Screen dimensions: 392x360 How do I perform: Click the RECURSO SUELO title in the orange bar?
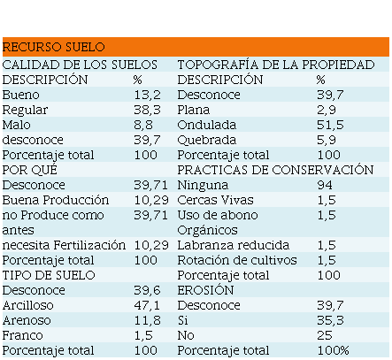click(54, 47)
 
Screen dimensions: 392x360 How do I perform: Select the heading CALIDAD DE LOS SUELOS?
click(80, 65)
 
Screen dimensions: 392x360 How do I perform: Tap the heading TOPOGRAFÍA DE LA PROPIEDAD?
click(276, 65)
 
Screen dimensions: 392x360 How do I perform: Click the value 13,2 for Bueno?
click(148, 95)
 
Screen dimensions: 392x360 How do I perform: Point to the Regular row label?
click(25, 111)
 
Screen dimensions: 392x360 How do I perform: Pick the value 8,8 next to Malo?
click(143, 125)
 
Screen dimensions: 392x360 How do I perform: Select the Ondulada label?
click(207, 125)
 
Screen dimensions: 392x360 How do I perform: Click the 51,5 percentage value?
click(330, 125)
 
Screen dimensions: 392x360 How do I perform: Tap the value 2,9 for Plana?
click(327, 110)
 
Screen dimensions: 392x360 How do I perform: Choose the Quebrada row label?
click(207, 140)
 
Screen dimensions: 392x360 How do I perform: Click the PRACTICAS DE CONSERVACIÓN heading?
click(275, 170)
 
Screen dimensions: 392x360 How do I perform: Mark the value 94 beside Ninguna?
click(325, 185)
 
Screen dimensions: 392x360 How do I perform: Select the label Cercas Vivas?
click(215, 200)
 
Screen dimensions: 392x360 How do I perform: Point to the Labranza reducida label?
click(234, 245)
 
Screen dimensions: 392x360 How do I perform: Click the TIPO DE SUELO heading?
click(49, 275)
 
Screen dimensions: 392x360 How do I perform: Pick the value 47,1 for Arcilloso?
click(147, 305)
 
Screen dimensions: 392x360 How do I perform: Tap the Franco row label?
click(22, 335)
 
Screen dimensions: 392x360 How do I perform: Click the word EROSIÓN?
click(205, 290)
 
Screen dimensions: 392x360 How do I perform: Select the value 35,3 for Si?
click(330, 320)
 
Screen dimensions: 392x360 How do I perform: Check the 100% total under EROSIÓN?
click(334, 350)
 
